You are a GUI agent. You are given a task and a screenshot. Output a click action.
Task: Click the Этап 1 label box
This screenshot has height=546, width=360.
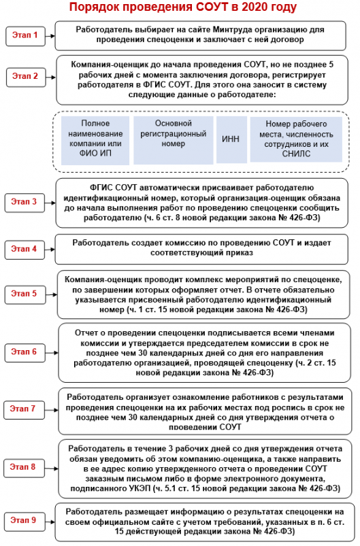click(25, 36)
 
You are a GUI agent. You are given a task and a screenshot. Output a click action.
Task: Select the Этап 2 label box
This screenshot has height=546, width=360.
click(26, 77)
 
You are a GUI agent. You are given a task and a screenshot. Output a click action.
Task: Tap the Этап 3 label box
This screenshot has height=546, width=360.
click(24, 203)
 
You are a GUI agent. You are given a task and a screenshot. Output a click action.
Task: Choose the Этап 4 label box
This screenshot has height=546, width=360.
click(24, 250)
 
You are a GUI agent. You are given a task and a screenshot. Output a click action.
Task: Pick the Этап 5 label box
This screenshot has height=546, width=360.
click(25, 294)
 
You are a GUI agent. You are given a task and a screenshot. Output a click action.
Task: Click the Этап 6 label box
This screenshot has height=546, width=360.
click(24, 352)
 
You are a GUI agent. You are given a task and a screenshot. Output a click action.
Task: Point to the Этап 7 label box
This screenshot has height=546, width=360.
click(24, 409)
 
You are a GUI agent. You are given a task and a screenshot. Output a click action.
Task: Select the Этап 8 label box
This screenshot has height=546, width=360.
click(24, 468)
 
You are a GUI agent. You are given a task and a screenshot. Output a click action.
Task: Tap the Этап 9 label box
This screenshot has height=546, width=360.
click(24, 522)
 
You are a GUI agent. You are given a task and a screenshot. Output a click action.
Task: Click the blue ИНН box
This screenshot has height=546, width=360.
click(231, 139)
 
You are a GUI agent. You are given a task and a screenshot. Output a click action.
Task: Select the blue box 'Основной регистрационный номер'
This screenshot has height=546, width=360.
click(174, 140)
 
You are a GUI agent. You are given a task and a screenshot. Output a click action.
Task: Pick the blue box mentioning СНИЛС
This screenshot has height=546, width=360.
click(296, 139)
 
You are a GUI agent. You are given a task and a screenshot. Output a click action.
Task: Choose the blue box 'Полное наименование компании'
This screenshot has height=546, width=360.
click(95, 140)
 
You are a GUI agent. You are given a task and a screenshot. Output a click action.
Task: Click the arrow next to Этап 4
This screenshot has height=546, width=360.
click(50, 250)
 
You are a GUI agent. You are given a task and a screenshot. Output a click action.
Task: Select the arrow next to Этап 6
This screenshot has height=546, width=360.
click(52, 353)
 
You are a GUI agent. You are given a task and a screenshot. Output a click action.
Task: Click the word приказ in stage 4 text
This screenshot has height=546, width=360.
click(240, 253)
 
